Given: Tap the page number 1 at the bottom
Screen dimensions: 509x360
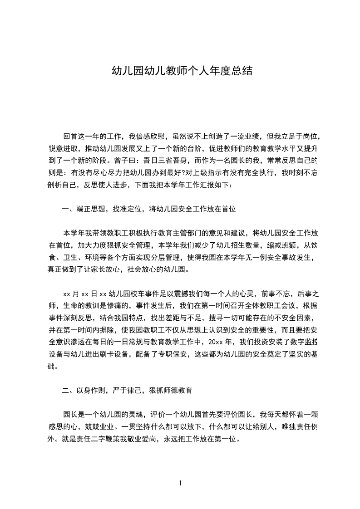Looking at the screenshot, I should (x=181, y=483).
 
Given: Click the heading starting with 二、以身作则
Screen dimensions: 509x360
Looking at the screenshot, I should (x=127, y=390).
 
